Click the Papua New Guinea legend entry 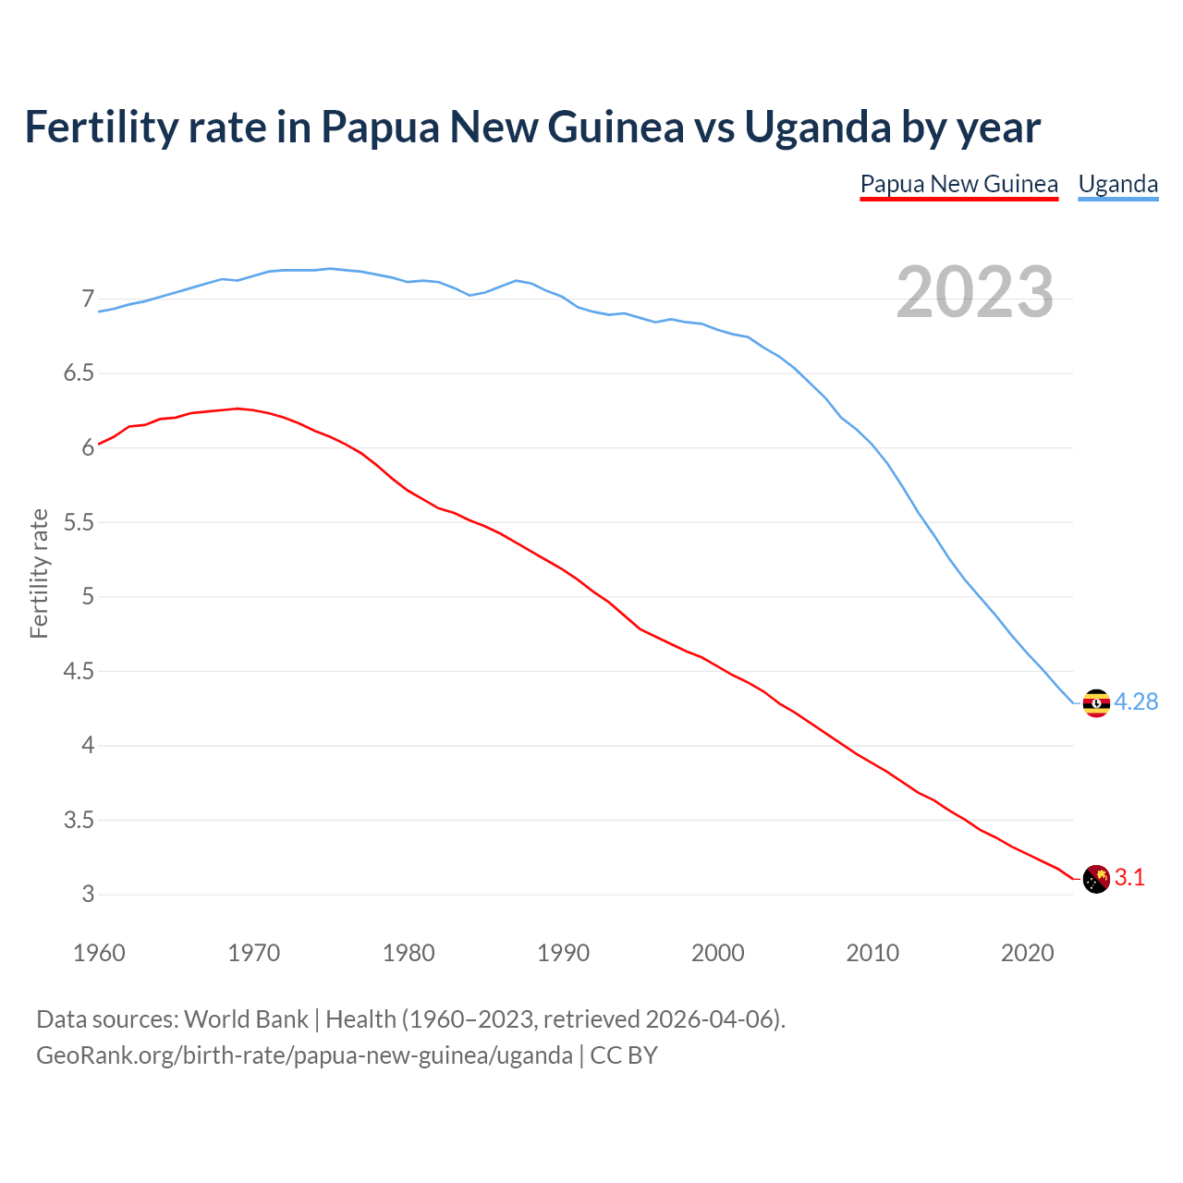(958, 184)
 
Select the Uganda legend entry (1117, 184)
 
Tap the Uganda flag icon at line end (1095, 703)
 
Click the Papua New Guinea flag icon (1095, 879)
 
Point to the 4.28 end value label (1136, 702)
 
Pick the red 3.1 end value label (1129, 878)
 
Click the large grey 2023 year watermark (975, 292)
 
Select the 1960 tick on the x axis (99, 953)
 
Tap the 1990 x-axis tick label (563, 953)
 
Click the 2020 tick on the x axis (1027, 953)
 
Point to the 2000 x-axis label (717, 953)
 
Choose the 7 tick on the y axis (88, 299)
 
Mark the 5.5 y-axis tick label (79, 522)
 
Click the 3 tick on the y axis (88, 894)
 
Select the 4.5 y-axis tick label (79, 671)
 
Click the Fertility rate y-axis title (39, 573)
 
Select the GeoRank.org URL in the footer (304, 1055)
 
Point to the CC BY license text (624, 1055)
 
